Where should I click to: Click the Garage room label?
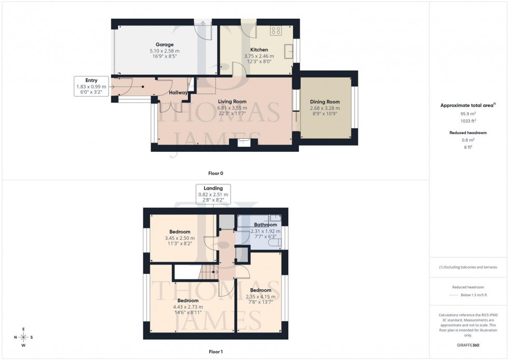coord(165,45)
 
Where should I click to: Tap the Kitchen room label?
coord(259,50)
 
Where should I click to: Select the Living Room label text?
coord(232,101)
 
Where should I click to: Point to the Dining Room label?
coord(325,102)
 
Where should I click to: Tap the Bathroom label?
coord(265,225)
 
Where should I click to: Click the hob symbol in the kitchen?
coord(275,31)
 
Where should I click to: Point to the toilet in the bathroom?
coord(274,242)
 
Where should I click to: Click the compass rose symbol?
coord(23,337)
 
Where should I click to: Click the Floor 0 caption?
coord(216,173)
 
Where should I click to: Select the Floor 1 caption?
coord(216,352)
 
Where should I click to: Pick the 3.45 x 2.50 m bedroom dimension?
coord(180,238)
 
